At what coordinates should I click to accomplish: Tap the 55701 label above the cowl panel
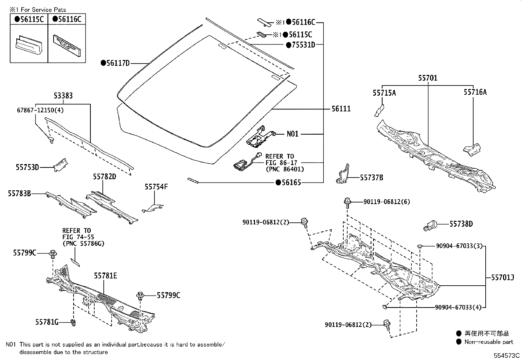pos(428,78)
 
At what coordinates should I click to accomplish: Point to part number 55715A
pos(384,93)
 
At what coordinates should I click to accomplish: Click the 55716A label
pos(475,92)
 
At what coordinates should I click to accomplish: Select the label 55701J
pos(502,278)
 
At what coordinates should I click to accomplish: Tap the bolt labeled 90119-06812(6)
pos(347,202)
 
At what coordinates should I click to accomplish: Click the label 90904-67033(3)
pos(459,246)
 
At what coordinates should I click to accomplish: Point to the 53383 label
pos(63,96)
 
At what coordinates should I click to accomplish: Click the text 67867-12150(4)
pos(41,110)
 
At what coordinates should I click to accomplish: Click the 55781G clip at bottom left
pos(74,323)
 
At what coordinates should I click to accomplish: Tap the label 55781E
pos(105,276)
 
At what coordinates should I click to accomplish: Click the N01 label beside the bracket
pos(293,134)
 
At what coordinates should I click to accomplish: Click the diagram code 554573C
pos(507,355)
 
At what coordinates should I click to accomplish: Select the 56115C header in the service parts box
pos(29,19)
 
